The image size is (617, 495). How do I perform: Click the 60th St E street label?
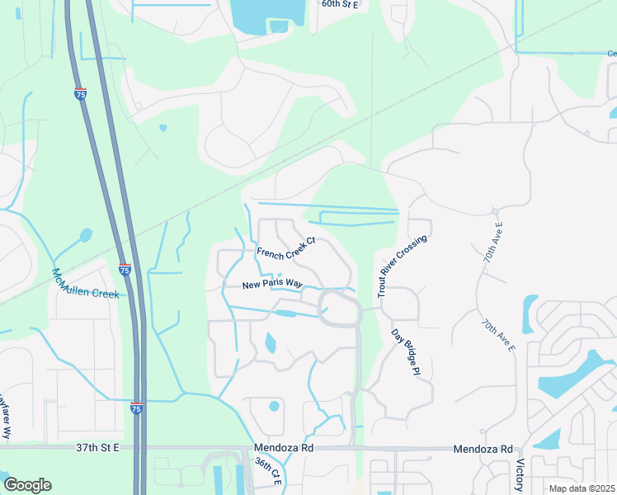(341, 3)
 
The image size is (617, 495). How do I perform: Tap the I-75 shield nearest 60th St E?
(80, 94)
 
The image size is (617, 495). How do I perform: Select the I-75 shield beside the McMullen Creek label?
(124, 269)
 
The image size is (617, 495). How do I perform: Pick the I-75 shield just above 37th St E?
(136, 408)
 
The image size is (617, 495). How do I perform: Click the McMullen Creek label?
(86, 283)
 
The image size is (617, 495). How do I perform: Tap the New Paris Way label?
(269, 285)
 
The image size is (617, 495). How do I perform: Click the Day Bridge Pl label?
(401, 352)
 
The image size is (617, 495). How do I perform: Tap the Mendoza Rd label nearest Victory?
(483, 449)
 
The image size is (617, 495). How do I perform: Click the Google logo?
(27, 485)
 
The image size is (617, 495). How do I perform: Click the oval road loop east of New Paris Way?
(340, 308)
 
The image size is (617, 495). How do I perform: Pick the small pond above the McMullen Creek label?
(85, 235)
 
